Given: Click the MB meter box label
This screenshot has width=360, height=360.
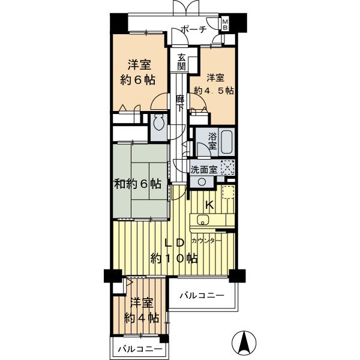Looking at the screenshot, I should click(225, 24).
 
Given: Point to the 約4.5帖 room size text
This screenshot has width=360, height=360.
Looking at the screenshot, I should click(214, 91).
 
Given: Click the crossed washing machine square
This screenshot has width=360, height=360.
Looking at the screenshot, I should click(227, 168).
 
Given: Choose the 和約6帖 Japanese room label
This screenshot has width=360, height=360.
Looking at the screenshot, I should click(137, 183).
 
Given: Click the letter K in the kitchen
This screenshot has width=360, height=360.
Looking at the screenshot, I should click(209, 205).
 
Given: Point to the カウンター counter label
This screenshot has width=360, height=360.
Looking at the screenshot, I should click(207, 241).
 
